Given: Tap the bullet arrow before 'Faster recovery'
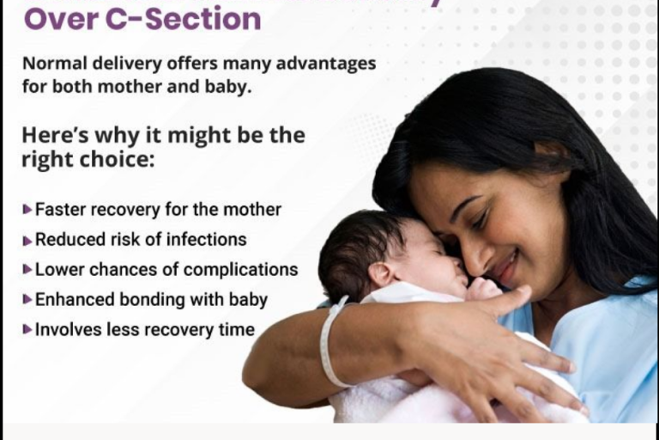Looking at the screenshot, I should tap(27, 209).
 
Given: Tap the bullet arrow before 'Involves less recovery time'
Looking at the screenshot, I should tap(27, 329).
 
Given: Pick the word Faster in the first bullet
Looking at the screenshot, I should tap(61, 209).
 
